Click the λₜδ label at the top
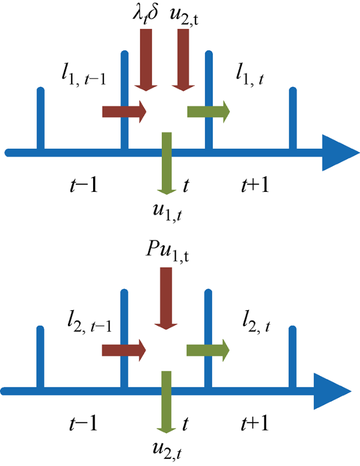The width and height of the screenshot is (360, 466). tap(145, 14)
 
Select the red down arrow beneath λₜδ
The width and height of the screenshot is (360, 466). tap(146, 60)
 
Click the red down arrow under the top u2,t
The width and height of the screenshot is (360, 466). tap(183, 60)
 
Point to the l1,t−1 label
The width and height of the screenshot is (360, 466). tap(83, 75)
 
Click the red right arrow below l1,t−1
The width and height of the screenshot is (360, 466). tap(124, 112)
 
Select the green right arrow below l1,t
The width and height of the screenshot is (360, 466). tap(208, 112)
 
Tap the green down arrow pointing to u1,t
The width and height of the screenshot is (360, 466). tap(167, 164)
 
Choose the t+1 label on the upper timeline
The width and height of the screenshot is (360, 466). tap(255, 185)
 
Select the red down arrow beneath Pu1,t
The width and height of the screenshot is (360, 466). tap(166, 298)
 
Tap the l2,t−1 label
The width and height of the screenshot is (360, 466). tap(89, 323)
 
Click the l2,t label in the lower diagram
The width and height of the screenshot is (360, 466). tap(256, 323)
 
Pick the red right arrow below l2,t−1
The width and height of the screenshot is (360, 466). tap(124, 350)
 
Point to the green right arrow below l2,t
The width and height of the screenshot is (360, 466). tap(208, 350)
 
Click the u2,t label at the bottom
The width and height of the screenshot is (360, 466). tap(167, 451)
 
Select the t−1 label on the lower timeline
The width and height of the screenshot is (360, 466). tap(83, 423)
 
